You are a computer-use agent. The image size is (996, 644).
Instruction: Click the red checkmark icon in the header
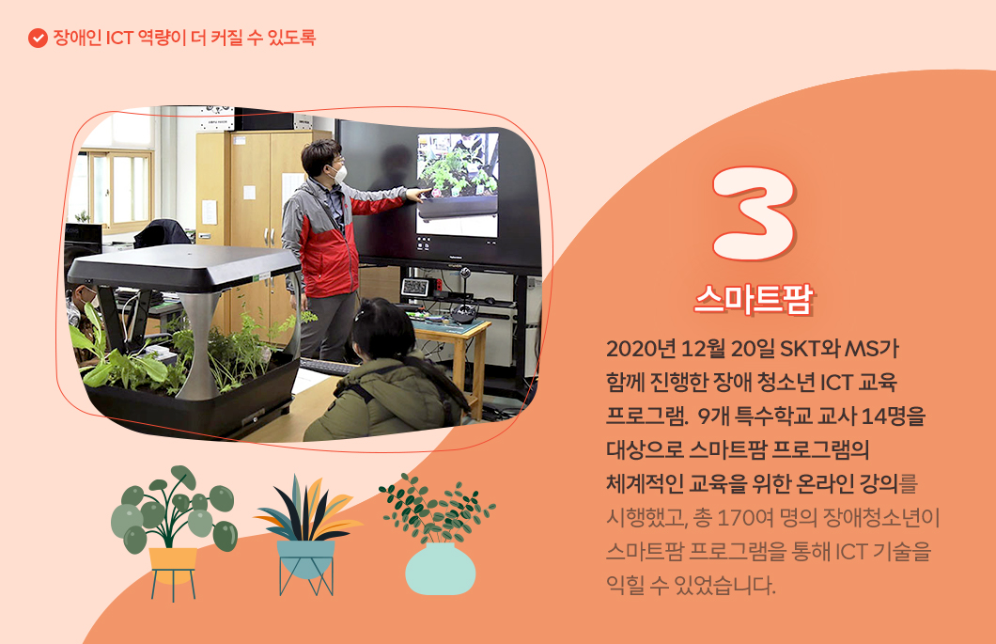(x=38, y=39)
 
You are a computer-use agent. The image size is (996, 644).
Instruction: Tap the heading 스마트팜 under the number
(x=754, y=298)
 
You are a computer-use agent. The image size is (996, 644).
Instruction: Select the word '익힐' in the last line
(x=627, y=586)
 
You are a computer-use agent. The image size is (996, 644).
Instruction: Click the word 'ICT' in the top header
(x=118, y=39)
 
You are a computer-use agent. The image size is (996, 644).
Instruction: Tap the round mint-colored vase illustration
(x=440, y=568)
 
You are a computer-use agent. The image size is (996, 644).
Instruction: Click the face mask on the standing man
(x=340, y=172)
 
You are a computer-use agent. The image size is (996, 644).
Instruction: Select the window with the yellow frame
(x=117, y=188)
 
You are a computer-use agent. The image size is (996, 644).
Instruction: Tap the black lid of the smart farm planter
(x=183, y=267)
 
